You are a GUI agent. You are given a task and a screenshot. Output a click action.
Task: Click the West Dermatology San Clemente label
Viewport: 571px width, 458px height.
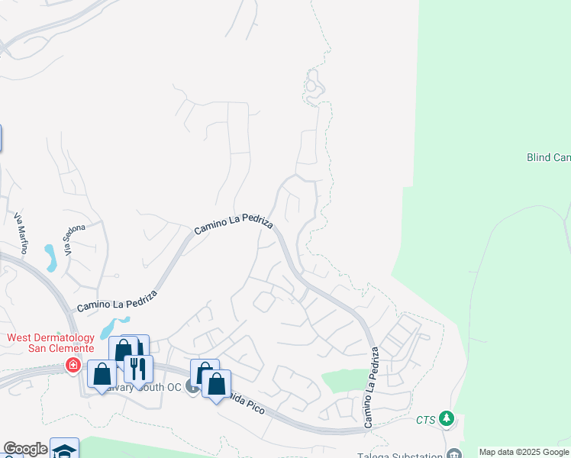click(50, 343)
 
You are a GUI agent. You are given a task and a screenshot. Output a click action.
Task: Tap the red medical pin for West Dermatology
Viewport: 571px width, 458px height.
click(73, 365)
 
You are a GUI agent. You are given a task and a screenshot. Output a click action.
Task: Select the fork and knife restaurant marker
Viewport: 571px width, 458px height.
click(138, 369)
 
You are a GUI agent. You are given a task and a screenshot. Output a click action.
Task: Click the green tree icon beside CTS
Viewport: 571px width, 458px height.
click(447, 418)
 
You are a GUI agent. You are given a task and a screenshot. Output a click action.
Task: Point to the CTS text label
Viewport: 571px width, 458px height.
click(426, 420)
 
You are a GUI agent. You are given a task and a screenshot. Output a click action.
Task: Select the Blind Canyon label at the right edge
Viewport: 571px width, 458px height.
click(548, 157)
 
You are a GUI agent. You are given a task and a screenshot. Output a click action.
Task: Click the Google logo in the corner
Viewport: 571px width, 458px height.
click(25, 449)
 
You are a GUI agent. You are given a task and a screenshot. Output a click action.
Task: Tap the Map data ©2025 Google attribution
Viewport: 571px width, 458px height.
click(524, 452)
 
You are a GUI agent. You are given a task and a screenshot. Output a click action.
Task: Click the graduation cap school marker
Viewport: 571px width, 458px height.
click(65, 450)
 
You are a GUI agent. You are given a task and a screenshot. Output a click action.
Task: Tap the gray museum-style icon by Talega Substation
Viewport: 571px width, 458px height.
click(455, 453)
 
